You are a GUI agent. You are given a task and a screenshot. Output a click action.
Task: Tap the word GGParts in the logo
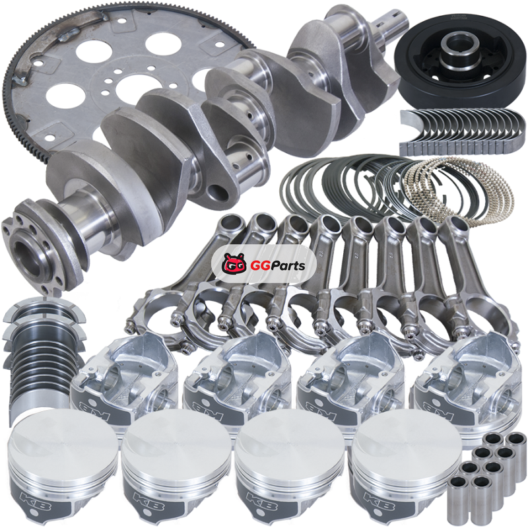[277, 266]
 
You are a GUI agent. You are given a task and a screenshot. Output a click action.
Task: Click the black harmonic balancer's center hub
[460, 49]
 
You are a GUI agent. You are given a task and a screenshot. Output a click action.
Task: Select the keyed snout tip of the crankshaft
[392, 20]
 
